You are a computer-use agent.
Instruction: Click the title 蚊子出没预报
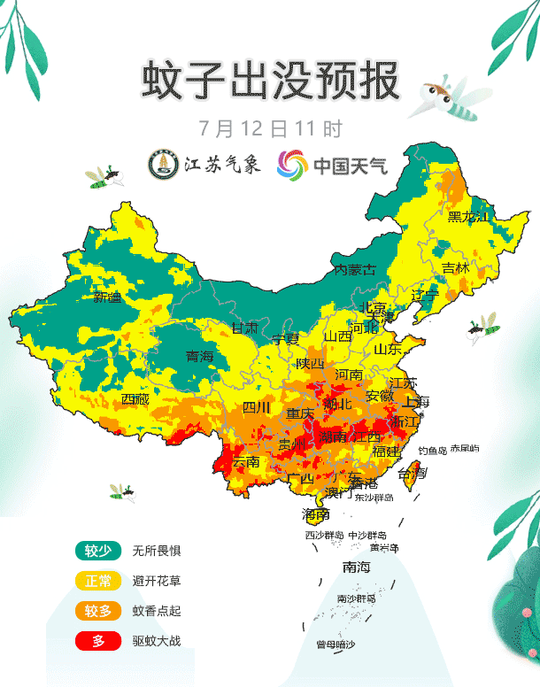[x=270, y=81]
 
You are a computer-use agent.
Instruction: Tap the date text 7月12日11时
[x=270, y=128]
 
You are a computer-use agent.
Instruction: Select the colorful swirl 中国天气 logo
[x=292, y=164]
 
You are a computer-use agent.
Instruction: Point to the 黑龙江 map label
[x=467, y=217]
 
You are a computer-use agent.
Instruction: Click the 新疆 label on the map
[x=107, y=297]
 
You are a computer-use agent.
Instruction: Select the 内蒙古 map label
[x=354, y=269]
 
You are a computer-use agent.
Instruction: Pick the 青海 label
[x=199, y=357]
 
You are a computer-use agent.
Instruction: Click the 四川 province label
[x=256, y=407]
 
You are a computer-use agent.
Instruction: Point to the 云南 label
[x=245, y=461]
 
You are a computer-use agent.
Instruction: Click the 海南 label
[x=315, y=513]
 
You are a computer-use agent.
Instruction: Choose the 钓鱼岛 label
[x=433, y=450]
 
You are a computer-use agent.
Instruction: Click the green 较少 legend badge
[x=97, y=551]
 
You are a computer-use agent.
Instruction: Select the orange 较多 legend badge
[x=97, y=610]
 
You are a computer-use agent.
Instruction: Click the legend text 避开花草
[x=156, y=581]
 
